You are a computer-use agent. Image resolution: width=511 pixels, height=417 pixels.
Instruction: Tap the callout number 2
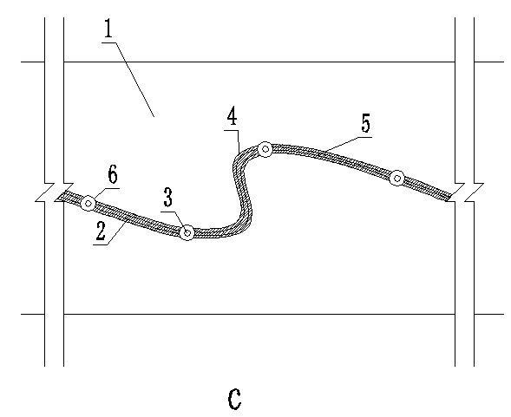[x=101, y=231]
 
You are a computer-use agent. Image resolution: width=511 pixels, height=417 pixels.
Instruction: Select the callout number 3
[x=167, y=197]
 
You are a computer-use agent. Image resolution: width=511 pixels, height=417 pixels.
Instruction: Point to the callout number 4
[x=232, y=116]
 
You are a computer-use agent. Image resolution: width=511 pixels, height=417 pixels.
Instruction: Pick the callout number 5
[x=366, y=123]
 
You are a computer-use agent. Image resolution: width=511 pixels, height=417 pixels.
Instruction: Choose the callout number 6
[x=113, y=174]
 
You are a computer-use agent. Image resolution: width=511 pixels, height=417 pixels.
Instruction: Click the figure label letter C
[x=234, y=399]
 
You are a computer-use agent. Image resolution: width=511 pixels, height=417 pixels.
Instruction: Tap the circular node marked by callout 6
[x=88, y=204]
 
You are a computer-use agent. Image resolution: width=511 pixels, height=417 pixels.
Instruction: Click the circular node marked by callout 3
[x=187, y=232]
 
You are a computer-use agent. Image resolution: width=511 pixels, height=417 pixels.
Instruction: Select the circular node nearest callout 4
[x=265, y=149]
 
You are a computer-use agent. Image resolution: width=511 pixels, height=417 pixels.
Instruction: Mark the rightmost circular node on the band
[x=397, y=179]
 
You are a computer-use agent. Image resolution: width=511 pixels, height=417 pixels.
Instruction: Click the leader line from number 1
[x=128, y=80]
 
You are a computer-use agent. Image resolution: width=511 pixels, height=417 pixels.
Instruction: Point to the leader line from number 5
[x=349, y=143]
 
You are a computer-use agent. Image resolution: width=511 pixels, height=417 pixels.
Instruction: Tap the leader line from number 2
[x=110, y=233]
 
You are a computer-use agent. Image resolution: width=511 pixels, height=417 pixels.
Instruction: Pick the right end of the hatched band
[x=449, y=197]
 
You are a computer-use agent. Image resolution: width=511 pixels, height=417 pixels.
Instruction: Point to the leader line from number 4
[x=235, y=140]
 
